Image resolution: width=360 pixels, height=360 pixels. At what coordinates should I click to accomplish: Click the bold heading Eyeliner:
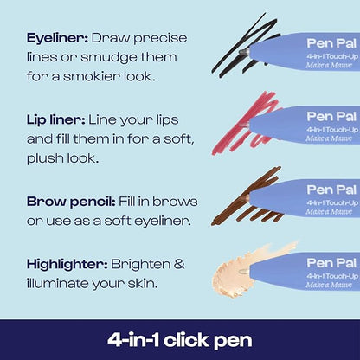pos(57,39)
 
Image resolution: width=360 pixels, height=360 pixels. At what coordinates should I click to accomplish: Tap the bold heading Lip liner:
pos(56,120)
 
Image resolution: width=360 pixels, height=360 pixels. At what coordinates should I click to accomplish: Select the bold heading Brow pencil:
pos(71,202)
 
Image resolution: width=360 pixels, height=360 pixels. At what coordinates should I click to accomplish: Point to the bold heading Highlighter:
pos(67,265)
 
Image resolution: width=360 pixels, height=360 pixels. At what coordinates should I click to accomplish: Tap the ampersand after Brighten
pos(179,264)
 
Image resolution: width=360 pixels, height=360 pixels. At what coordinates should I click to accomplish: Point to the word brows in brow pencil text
pos(175,202)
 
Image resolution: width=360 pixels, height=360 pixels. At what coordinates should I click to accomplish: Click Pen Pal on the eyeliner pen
pos(331,43)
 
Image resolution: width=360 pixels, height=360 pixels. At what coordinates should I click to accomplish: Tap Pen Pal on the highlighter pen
pos(331,263)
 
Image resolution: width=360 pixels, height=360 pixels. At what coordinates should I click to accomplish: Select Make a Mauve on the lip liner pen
pos(329,138)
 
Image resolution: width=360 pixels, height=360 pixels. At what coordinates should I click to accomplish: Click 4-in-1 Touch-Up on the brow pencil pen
pos(332,203)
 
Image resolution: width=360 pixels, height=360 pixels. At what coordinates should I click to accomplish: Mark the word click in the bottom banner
pos(187,340)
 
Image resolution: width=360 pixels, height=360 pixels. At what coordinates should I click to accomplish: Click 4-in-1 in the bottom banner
pos(133,340)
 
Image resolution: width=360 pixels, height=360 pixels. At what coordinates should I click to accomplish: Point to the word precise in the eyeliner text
pos(160,39)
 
